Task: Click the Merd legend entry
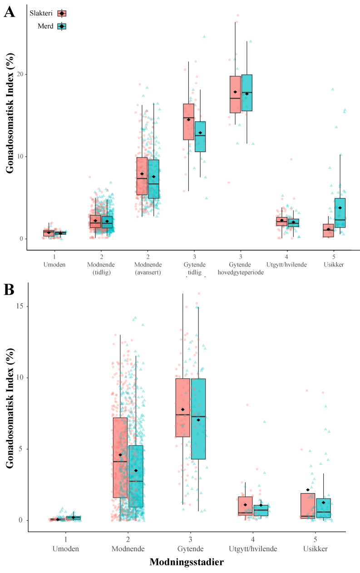52,26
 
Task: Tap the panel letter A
9,12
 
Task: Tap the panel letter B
9,290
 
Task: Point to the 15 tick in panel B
20,306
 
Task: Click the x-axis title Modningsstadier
186,562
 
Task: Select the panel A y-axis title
10,114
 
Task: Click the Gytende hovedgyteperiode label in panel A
240,265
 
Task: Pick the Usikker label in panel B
315,548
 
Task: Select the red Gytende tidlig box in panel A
188,122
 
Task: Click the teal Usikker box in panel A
340,213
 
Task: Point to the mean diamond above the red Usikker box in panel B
307,490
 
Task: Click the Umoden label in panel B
66,548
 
